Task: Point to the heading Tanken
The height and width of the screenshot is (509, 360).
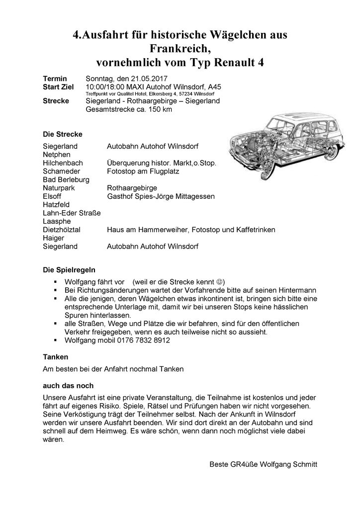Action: tap(55, 357)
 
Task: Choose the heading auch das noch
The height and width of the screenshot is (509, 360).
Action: tap(68, 386)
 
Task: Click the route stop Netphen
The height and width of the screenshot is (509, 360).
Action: tap(56, 155)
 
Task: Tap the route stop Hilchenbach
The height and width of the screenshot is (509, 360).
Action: tap(63, 163)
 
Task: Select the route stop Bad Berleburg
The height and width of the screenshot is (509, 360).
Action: tap(66, 179)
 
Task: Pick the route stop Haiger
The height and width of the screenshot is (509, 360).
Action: tap(54, 238)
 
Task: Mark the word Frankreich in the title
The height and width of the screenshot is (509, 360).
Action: tap(180, 49)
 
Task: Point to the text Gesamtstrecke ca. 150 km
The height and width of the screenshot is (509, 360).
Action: tap(129, 109)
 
